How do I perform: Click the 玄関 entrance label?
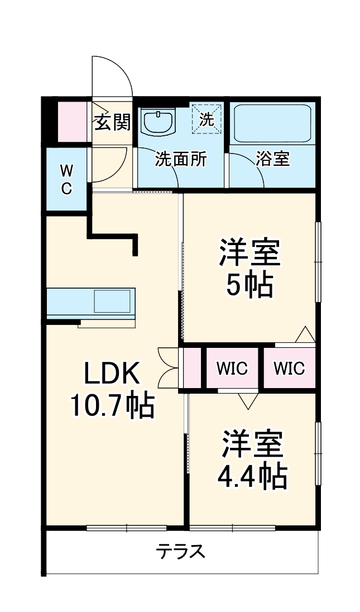point(112,122)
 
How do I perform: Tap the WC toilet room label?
point(66,179)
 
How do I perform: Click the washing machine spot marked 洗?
point(207,118)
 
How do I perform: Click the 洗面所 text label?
point(181,159)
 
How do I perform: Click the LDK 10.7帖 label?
point(112,389)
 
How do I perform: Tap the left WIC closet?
point(232,369)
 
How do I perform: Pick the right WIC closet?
point(289,369)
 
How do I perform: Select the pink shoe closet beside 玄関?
point(73,122)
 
